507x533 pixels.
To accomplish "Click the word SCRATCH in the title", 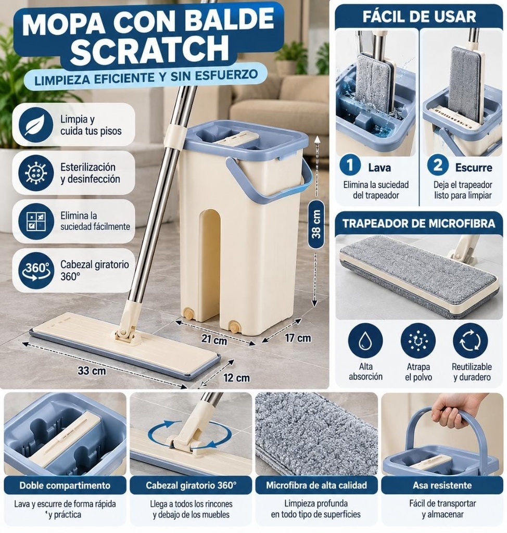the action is coord(149,49).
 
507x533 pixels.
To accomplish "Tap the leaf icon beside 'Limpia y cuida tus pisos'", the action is coord(36,125).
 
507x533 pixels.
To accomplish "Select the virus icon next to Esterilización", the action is coord(36,173).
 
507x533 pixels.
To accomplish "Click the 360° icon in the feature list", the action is coord(36,271).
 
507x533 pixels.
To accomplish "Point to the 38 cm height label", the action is coord(316,224).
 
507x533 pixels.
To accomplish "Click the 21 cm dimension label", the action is coord(214,339).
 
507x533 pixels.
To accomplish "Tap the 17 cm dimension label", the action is coord(298,338).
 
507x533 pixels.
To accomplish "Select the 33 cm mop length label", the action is coord(92,370).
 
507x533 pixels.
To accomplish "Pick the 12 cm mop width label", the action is coord(237,378).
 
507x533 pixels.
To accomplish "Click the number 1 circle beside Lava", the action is coord(350,165).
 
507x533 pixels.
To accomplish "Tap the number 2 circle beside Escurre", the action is coord(438,165).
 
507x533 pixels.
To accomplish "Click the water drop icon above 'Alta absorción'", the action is coord(365,341).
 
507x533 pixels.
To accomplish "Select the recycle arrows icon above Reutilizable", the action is coord(471,341).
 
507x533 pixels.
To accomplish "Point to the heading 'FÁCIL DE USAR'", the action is coord(419,17).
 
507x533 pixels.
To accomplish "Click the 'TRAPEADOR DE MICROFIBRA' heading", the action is coord(419,223).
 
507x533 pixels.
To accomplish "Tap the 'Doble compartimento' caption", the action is coord(65,485).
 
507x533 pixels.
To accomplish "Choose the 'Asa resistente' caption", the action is coord(442,485).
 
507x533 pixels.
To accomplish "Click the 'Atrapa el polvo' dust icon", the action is coord(418,341).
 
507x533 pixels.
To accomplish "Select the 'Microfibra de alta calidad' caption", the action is coord(316,485).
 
